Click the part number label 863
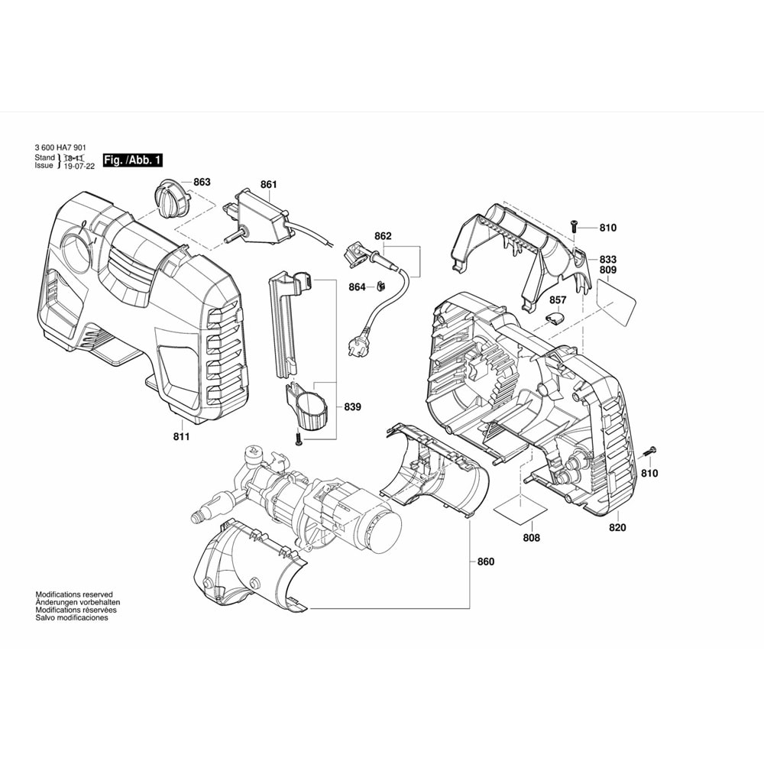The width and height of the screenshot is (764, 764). pyautogui.click(x=202, y=182)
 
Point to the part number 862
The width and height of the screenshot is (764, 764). pyautogui.click(x=383, y=236)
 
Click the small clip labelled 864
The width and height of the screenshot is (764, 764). pyautogui.click(x=379, y=286)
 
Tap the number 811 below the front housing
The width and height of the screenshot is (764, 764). pyautogui.click(x=181, y=436)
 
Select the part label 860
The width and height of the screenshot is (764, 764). pyautogui.click(x=485, y=562)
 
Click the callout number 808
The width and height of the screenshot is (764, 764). pyautogui.click(x=531, y=538)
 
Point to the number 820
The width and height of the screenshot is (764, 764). pyautogui.click(x=617, y=528)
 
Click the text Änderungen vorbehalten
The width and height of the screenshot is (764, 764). pyautogui.click(x=76, y=603)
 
